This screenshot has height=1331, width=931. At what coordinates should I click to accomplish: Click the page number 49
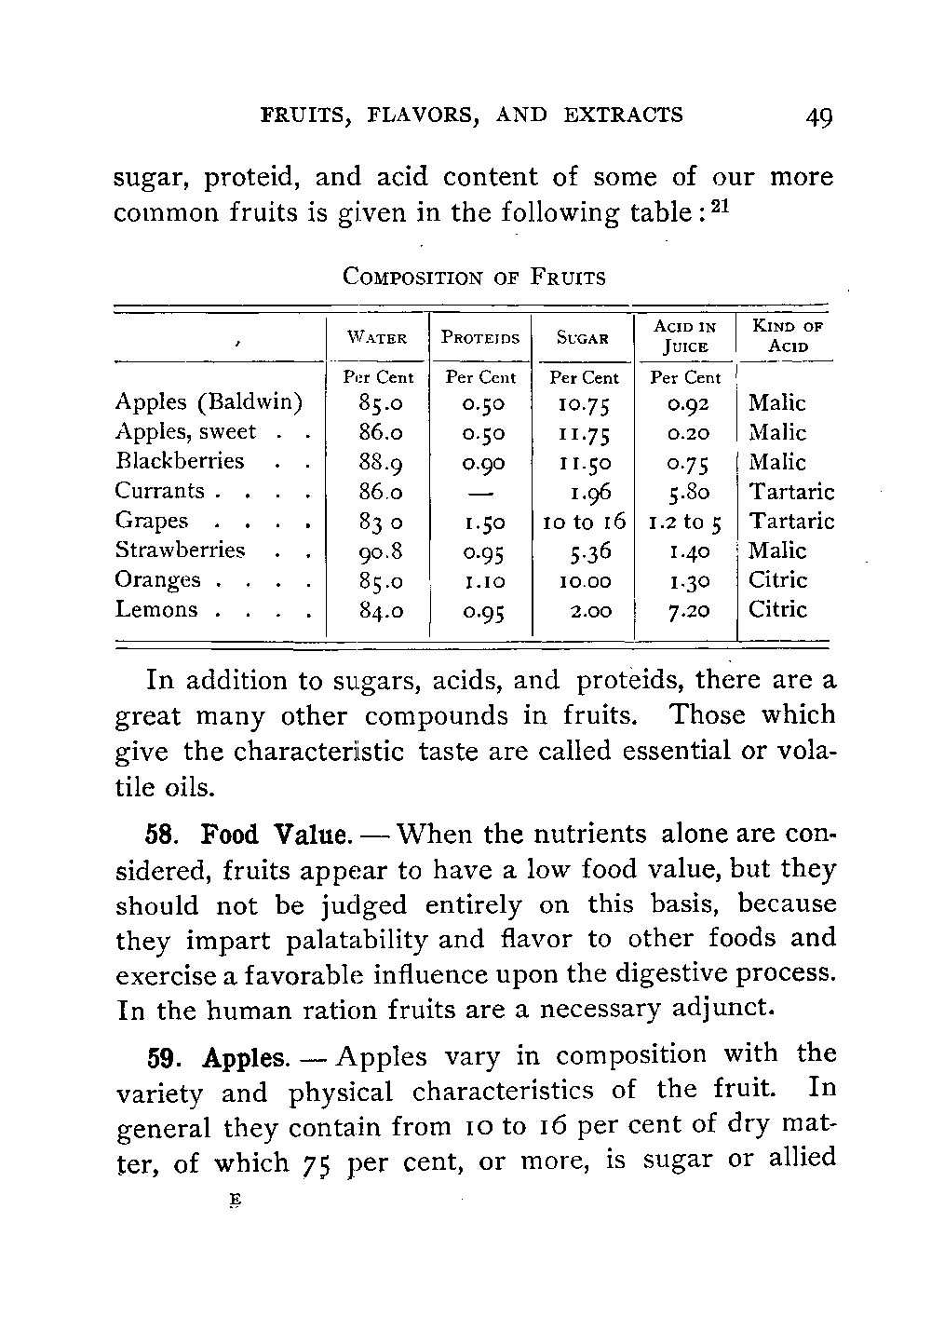point(819,117)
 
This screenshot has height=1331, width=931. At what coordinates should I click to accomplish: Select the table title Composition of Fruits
point(474,277)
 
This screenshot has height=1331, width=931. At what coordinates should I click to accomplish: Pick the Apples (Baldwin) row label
point(209,402)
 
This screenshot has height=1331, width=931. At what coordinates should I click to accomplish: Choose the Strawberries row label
point(180,550)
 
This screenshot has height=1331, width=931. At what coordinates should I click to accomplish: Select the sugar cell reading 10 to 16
point(584,521)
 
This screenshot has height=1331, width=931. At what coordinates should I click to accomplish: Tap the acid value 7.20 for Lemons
point(687,610)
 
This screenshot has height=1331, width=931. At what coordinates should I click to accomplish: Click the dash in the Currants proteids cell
point(480,491)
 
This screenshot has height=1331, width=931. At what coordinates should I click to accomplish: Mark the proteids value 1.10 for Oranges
point(480,580)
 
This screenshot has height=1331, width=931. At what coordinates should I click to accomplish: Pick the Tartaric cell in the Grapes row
point(792,521)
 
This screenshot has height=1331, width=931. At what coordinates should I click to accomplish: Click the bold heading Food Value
point(277,834)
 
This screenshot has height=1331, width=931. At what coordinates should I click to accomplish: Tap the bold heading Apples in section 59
point(245,1058)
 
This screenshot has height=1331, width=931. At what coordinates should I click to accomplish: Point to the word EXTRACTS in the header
point(623,115)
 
